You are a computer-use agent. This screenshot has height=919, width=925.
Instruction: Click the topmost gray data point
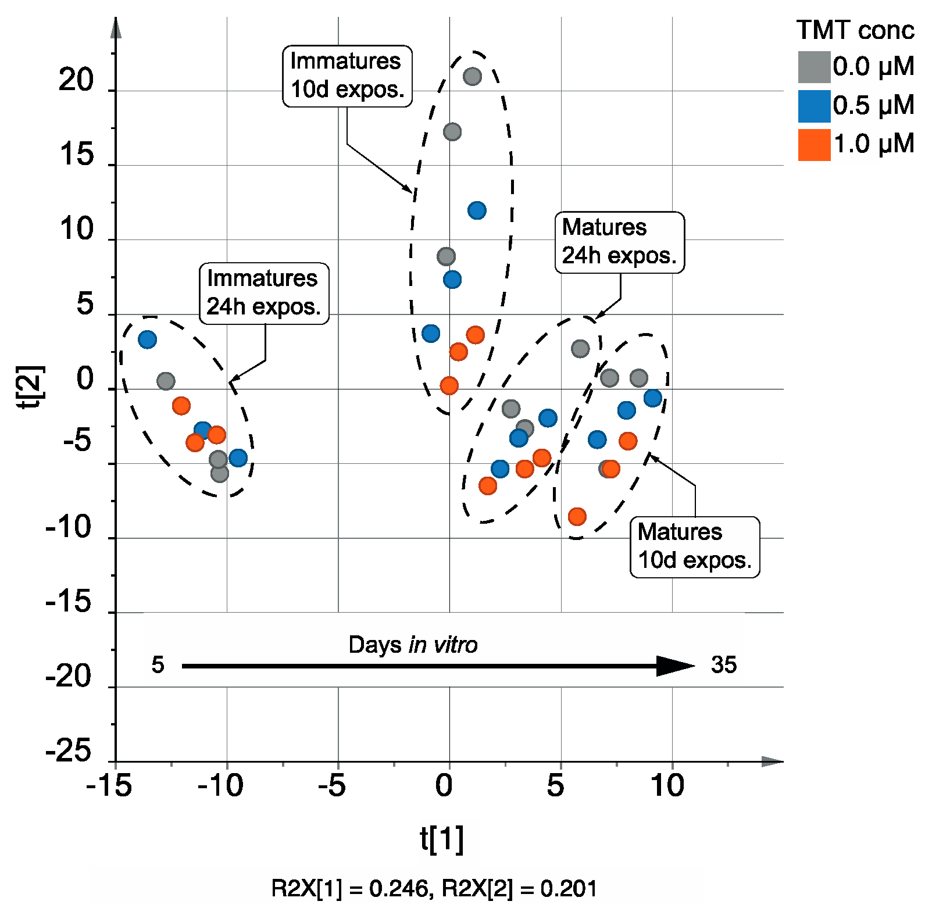pos(472,76)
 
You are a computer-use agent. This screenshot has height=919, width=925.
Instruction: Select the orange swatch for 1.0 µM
pos(813,145)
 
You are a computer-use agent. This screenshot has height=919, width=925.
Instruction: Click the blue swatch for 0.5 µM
pos(813,106)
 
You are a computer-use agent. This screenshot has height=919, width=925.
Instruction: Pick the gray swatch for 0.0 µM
pos(813,67)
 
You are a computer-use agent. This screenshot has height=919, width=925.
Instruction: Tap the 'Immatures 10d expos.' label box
pos(347,76)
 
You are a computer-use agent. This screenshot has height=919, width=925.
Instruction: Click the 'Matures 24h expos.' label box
pos(619,242)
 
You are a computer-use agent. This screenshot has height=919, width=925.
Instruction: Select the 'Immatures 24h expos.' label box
pos(264,293)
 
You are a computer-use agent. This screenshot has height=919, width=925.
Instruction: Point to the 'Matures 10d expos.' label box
pos(694,546)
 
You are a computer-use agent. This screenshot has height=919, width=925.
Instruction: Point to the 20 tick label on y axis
pos(76,80)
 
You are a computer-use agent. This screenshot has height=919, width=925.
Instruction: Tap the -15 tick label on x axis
pos(109,786)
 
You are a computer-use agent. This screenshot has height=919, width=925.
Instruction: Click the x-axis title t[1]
pos(442,839)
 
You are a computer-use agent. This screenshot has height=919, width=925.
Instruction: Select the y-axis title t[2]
pos(30,387)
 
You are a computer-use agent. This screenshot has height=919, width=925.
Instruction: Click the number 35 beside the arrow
pos(723,665)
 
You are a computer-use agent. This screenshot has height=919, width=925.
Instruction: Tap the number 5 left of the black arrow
pos(158,665)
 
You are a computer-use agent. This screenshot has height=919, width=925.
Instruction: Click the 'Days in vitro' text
pos(413,645)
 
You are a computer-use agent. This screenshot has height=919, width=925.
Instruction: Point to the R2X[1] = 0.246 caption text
pos(349,889)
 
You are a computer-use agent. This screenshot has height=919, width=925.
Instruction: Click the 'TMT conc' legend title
pos(855,30)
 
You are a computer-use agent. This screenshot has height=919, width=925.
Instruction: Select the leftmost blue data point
pos(148,339)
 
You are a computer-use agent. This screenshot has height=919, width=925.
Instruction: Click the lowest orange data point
pos(577,516)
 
